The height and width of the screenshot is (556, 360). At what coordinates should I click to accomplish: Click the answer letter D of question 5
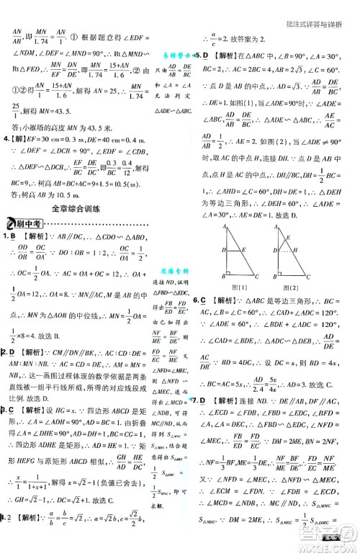[205, 55]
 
